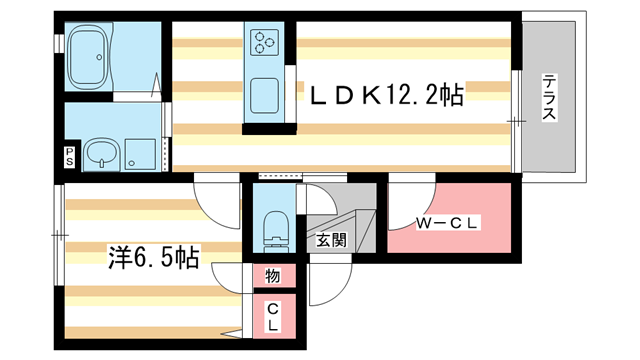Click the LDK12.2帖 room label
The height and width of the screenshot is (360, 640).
386,95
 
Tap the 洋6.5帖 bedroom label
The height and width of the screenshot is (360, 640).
152,257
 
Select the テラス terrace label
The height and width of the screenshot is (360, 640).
549,99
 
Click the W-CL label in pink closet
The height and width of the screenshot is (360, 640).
449,223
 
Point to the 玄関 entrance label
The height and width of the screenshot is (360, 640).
332,239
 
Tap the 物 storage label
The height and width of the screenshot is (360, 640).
272,275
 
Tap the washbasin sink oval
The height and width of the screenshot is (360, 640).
100,153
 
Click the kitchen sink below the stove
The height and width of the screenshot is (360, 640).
264,95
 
